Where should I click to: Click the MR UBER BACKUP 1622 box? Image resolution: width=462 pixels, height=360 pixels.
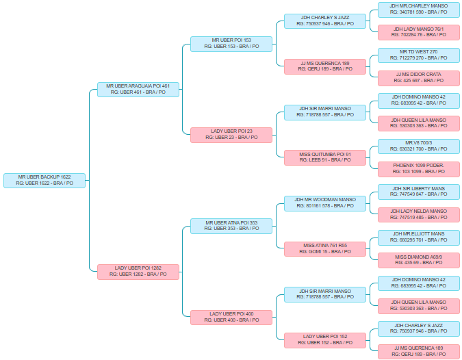tap(44, 180)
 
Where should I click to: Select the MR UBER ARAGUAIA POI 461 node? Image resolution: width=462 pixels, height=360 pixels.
tap(138, 89)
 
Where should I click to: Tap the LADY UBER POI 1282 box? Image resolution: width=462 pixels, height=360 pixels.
tap(138, 271)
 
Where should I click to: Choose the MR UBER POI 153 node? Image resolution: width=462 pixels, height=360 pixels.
tap(231, 43)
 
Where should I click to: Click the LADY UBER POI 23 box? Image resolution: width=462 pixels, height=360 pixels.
tap(231, 134)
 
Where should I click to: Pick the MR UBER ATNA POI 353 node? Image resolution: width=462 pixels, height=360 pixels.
tap(231, 225)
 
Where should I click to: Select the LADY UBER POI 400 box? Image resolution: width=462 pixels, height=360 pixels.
tap(231, 316)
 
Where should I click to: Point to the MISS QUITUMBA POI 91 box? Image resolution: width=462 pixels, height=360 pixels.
tap(325, 157)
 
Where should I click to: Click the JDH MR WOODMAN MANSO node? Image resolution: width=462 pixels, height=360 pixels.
tap(325, 203)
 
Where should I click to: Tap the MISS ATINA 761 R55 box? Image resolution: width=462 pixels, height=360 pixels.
tap(325, 248)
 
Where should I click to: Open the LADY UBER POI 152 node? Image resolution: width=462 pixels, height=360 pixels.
tap(325, 339)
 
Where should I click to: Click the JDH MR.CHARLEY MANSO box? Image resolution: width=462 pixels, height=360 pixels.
tap(418, 9)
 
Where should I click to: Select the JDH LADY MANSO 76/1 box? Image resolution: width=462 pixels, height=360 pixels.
tap(418, 32)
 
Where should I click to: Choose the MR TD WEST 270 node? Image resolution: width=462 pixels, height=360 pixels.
tap(418, 55)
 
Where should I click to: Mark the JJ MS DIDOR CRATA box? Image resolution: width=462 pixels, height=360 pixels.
tap(418, 77)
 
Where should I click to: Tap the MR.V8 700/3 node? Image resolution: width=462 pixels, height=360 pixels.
tap(418, 146)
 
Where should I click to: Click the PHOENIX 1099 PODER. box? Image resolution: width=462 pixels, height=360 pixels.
tap(418, 168)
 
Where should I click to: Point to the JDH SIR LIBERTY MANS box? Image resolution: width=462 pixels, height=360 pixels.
tap(418, 191)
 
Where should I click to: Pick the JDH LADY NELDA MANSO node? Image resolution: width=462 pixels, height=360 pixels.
tap(418, 214)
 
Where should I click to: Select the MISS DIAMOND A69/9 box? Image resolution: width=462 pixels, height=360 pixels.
tap(418, 259)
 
